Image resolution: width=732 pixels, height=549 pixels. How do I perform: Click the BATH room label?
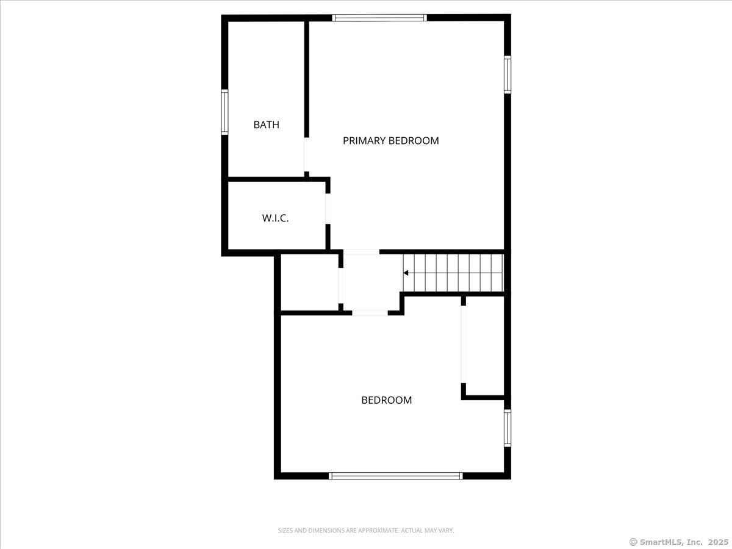click(x=267, y=125)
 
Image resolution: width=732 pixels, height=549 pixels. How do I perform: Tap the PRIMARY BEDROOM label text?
click(x=390, y=141)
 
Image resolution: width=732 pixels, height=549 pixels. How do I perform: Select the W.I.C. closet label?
click(x=275, y=218)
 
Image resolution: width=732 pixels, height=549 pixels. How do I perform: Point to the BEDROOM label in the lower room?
click(x=386, y=401)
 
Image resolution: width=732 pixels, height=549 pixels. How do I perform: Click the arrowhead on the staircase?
click(x=406, y=273)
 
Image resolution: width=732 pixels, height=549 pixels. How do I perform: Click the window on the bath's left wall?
click(x=224, y=112)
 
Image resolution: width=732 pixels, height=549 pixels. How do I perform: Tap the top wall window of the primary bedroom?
click(x=379, y=18)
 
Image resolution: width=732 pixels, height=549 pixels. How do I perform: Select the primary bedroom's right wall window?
click(x=507, y=74)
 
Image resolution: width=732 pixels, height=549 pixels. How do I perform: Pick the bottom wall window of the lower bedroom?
click(x=395, y=476)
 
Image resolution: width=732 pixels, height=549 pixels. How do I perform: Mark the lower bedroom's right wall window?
click(x=507, y=428)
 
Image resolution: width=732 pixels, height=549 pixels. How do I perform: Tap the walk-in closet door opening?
click(x=328, y=209)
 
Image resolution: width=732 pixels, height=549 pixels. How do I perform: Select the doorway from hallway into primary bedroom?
click(x=361, y=251)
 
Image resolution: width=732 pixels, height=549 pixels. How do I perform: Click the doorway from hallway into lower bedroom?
click(x=370, y=313)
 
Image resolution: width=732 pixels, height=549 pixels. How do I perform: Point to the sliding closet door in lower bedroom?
click(x=463, y=344)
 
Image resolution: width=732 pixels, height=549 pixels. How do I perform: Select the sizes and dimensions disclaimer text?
click(x=366, y=531)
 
